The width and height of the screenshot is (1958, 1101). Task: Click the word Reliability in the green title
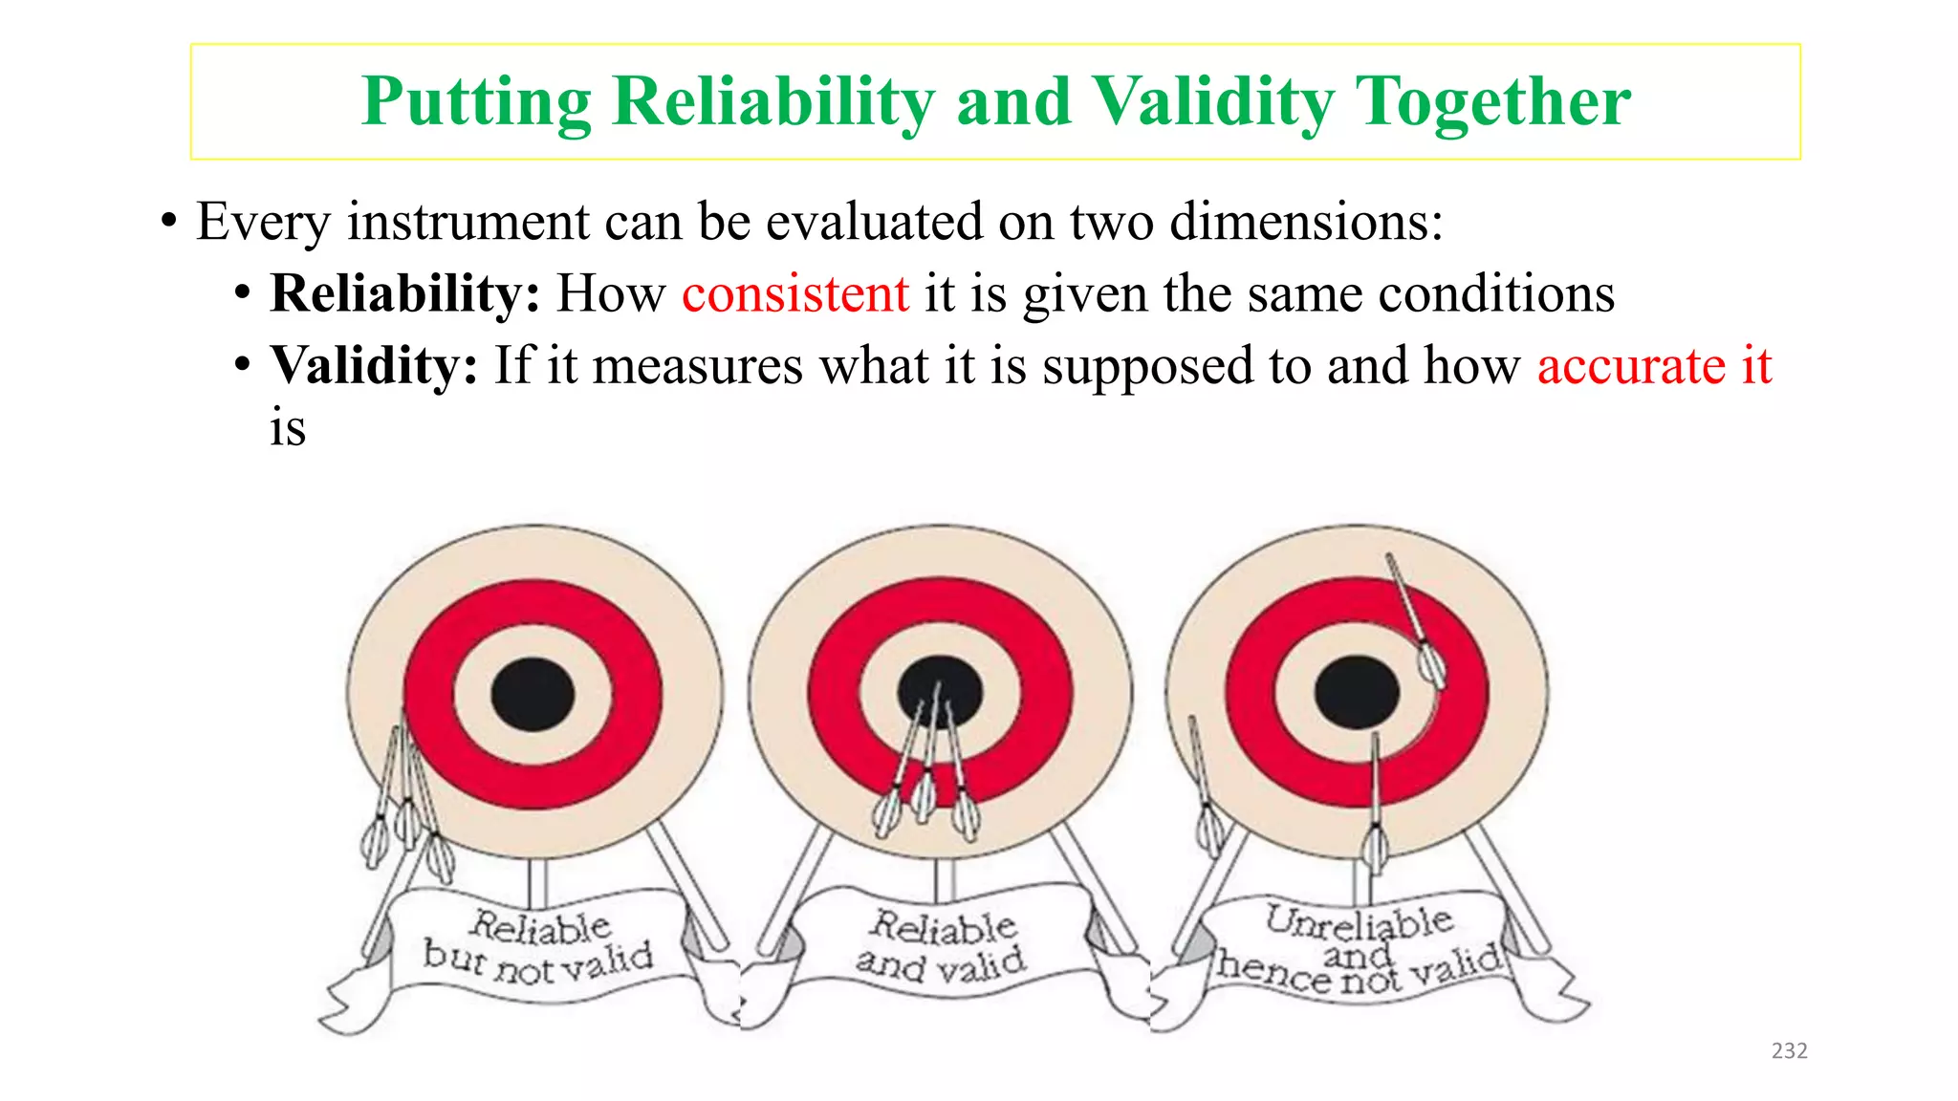point(773,101)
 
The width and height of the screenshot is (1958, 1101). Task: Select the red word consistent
point(794,293)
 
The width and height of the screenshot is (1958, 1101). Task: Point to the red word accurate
point(1631,366)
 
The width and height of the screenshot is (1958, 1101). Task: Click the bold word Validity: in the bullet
point(374,366)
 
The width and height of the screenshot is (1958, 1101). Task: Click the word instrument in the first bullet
point(468,222)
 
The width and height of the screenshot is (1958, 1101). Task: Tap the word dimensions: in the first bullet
point(1306,222)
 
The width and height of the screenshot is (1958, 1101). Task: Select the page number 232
point(1789,1050)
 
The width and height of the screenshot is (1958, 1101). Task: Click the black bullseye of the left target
point(533,694)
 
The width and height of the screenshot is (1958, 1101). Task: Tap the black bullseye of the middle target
point(940,690)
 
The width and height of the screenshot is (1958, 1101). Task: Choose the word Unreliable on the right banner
point(1359,921)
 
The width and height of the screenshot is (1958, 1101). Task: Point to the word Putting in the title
point(476,101)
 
